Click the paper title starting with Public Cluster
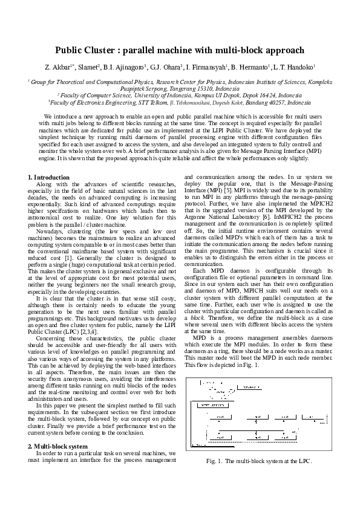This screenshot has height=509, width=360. (x=180, y=50)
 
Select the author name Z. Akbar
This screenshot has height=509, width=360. (x=56, y=67)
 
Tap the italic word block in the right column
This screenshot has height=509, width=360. (x=195, y=316)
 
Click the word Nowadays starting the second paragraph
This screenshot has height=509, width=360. (x=50, y=231)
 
